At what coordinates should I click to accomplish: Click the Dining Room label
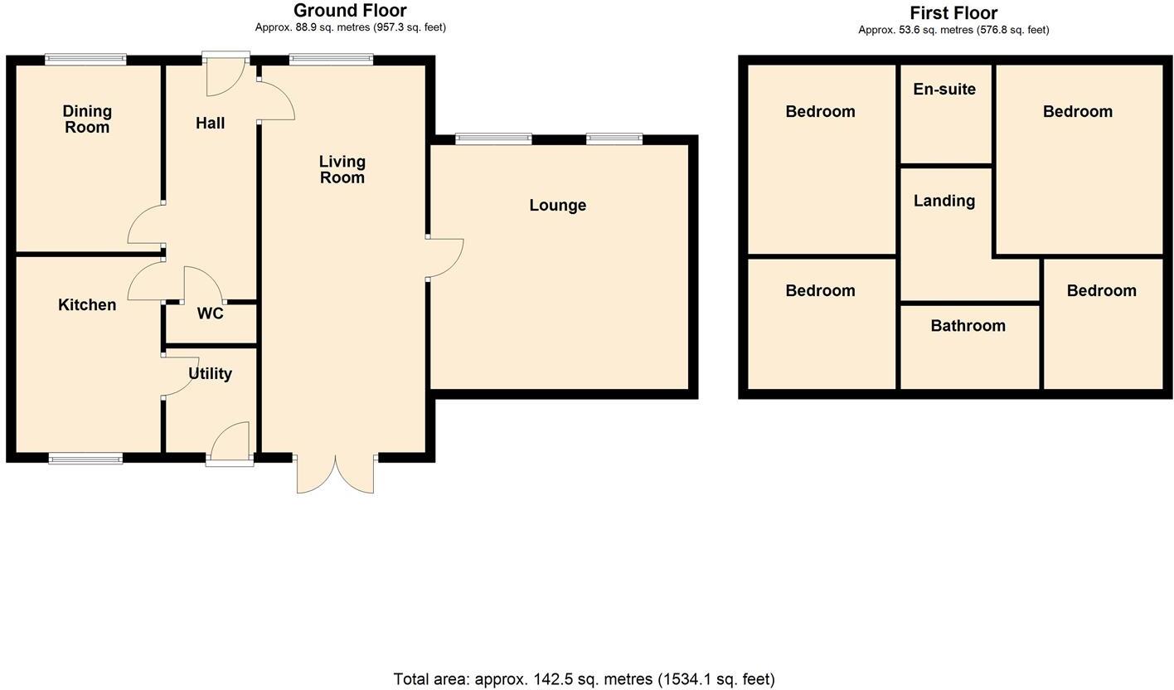pos(87,119)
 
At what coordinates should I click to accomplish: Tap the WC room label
pos(210,313)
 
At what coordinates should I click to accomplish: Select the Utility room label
pos(210,374)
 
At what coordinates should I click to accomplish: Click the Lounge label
pos(557,206)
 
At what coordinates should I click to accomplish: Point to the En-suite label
pos(944,90)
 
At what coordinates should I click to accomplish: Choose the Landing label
pos(944,202)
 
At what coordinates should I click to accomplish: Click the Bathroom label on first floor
pos(968,326)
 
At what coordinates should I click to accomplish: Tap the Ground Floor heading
pos(350,11)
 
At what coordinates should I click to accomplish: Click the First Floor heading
pos(953,13)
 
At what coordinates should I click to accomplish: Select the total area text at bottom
pos(584,679)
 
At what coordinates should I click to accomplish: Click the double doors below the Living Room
pos(335,475)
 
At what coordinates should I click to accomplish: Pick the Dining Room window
pos(85,59)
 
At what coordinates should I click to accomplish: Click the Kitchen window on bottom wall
pos(85,459)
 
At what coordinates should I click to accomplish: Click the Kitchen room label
pos(87,305)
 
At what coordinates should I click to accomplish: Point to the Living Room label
pos(342,169)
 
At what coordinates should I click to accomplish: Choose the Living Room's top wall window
pos(331,59)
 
